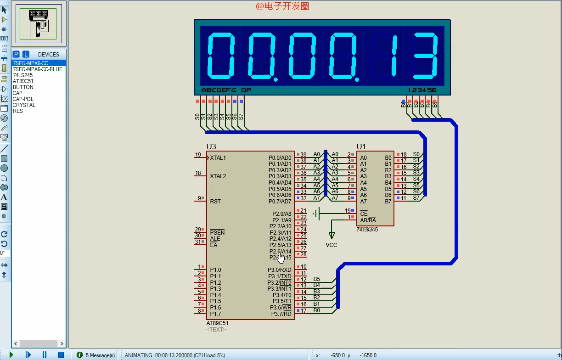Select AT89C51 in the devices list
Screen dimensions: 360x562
coord(23,81)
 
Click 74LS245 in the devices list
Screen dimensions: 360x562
coord(22,75)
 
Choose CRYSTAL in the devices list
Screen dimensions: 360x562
coord(24,105)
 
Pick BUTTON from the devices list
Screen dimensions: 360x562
coord(23,87)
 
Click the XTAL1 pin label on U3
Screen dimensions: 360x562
coord(218,158)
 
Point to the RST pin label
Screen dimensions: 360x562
coord(215,202)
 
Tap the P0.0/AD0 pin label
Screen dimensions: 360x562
coord(280,158)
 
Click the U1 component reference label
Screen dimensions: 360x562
coord(361,146)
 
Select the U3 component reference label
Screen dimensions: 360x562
coord(211,146)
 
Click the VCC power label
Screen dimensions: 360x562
coord(332,245)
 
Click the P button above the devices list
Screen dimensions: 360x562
coord(16,54)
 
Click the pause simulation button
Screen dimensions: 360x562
coord(45,354)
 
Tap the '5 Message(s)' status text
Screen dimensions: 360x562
coord(100,355)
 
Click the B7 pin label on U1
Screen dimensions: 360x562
coord(388,202)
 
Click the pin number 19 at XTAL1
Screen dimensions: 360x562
coord(198,155)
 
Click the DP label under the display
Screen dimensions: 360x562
coord(246,90)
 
